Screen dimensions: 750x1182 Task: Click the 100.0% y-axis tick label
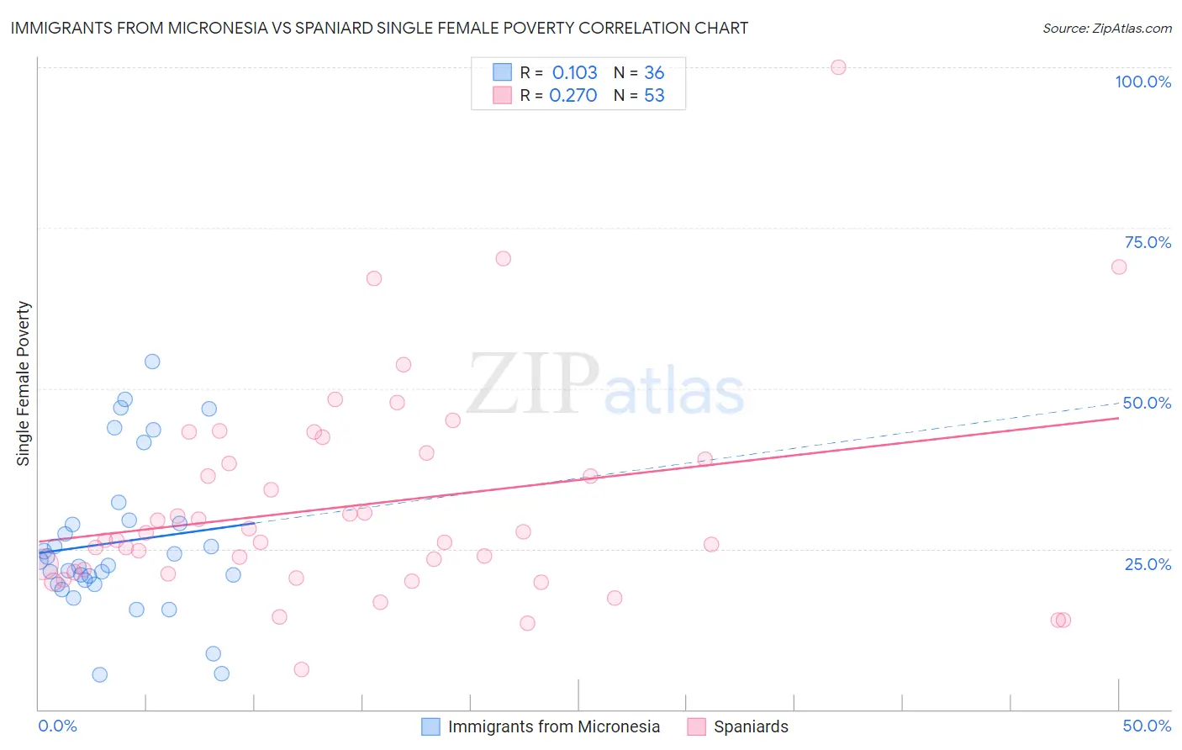[x=1142, y=82]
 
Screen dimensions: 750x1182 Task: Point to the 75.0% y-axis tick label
[x=1148, y=242]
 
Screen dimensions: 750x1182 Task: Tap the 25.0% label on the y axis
[x=1148, y=564]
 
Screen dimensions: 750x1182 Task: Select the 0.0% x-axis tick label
[x=57, y=726]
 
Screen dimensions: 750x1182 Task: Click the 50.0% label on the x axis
[x=1147, y=726]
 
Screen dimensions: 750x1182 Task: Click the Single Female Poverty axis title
[x=23, y=383]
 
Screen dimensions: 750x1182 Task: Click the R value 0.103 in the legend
[x=574, y=73]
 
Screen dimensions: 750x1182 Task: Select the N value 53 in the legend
[x=654, y=96]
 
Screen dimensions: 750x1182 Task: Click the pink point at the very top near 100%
[x=838, y=67]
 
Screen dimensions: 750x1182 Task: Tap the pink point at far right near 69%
[x=1119, y=267]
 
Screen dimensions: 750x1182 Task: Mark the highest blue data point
[x=152, y=362]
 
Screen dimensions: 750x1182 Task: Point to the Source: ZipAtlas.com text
[x=1106, y=28]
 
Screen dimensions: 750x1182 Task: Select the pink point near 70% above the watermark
[x=503, y=258]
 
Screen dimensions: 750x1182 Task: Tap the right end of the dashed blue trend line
[x=1119, y=403]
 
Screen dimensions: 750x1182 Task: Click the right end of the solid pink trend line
[x=1119, y=417]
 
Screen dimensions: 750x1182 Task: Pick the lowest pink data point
[x=301, y=669]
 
